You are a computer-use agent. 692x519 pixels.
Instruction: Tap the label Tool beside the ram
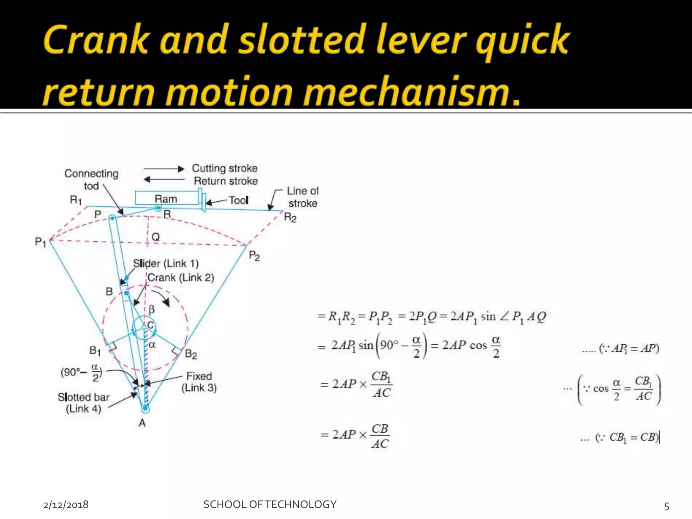[239, 200]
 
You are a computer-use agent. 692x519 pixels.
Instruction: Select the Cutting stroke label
[225, 168]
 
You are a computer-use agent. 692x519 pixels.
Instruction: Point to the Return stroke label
[226, 181]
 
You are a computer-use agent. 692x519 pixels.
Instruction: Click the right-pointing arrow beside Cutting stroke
[164, 169]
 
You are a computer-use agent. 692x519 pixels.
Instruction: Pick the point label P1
[40, 242]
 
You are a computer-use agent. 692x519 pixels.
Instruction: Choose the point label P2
[254, 256]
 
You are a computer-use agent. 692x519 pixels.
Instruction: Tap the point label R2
[290, 217]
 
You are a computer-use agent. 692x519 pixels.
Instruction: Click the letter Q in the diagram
[155, 237]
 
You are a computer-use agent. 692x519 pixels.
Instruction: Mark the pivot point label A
[142, 423]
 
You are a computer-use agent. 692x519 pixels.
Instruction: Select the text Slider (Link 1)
[166, 264]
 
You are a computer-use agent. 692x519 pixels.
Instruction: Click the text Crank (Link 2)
[181, 278]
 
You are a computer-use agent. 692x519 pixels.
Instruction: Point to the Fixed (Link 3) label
[199, 382]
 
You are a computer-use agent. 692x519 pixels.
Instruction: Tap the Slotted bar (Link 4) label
[83, 403]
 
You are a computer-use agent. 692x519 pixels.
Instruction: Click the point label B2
[191, 354]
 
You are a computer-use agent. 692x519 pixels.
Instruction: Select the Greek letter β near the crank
[152, 309]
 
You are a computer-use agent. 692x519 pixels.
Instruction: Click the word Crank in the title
[96, 40]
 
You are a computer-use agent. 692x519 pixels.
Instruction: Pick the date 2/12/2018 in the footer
[66, 505]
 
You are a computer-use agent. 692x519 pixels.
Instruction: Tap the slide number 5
[667, 506]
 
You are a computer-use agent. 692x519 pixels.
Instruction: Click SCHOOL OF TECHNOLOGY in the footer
[270, 504]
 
